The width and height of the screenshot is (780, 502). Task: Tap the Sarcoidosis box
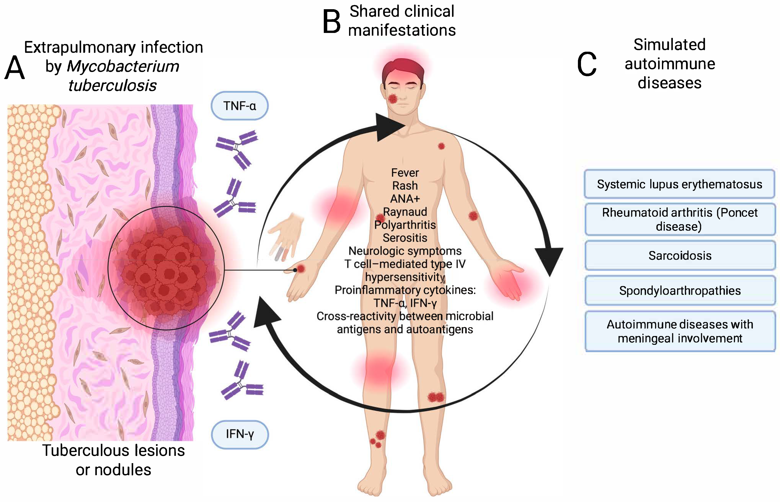click(x=680, y=255)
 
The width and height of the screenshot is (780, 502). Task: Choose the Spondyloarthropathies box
click(x=680, y=290)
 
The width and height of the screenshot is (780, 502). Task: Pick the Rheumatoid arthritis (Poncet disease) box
click(x=680, y=219)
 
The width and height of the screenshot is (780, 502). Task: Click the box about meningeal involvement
click(x=680, y=331)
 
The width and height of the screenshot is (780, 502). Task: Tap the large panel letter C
click(x=587, y=64)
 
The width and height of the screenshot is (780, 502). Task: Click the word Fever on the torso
click(x=405, y=173)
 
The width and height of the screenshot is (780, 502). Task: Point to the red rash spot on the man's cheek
click(x=393, y=98)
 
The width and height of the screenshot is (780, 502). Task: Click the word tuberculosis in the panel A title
click(x=112, y=85)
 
